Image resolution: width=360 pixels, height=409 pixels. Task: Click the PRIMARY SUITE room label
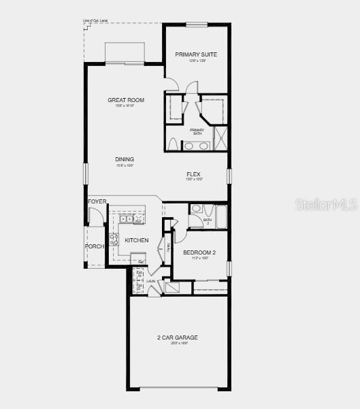click(x=197, y=54)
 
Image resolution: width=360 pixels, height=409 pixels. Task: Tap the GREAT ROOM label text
click(x=125, y=100)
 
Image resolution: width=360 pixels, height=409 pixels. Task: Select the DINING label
click(x=125, y=159)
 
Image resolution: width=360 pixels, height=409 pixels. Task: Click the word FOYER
click(x=97, y=202)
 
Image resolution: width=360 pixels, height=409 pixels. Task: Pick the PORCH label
click(x=94, y=246)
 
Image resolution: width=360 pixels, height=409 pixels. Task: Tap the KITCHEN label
click(x=136, y=240)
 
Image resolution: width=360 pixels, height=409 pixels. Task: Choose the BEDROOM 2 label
click(x=199, y=252)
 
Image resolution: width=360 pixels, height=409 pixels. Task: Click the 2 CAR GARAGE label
click(x=178, y=338)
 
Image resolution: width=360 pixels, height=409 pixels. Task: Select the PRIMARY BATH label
click(x=197, y=131)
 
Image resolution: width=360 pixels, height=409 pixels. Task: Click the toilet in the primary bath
click(x=173, y=144)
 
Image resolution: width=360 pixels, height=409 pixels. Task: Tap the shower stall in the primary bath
click(x=220, y=137)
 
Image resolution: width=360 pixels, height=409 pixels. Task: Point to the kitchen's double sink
click(x=126, y=219)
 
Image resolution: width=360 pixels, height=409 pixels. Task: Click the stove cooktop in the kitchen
click(x=114, y=240)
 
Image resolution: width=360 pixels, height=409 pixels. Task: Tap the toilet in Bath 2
click(x=195, y=209)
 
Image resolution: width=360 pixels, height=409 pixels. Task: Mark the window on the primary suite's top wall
click(x=197, y=24)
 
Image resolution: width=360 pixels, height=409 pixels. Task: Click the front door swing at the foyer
click(x=95, y=217)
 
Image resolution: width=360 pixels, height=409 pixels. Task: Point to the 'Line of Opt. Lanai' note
click(x=96, y=21)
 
